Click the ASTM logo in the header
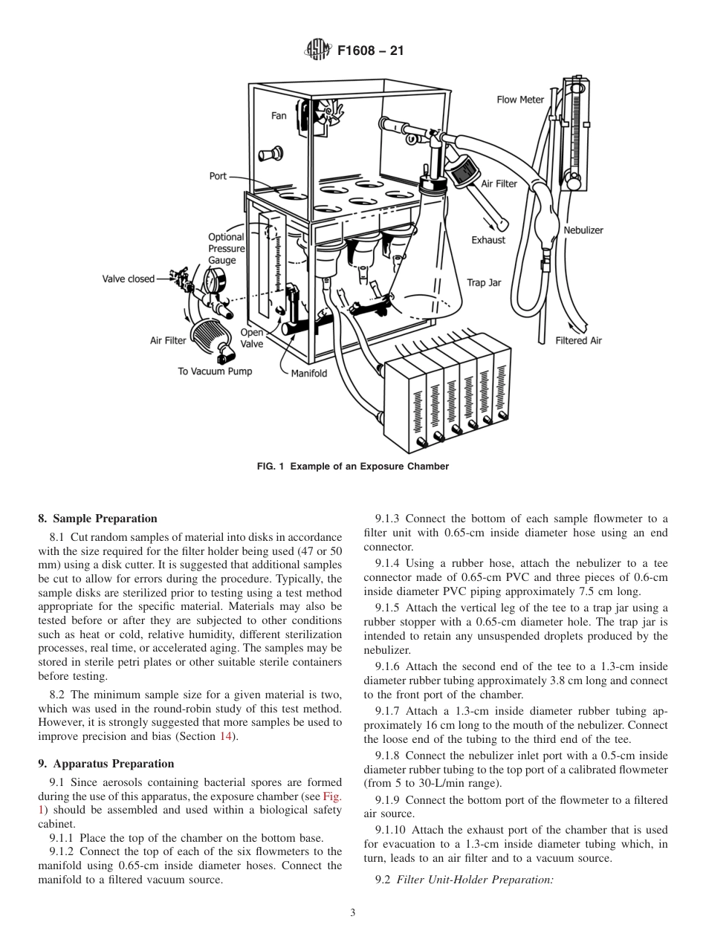coord(317,51)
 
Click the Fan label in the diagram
coord(279,116)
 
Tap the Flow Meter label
coord(520,100)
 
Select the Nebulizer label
coord(583,230)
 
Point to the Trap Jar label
coord(484,282)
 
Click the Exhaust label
coord(488,240)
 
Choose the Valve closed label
coord(129,279)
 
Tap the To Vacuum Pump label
coord(211,371)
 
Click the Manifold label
coord(309,373)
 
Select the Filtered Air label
coord(579,341)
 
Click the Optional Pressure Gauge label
coord(226,249)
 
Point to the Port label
coord(218,176)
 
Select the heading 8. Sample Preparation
coord(98,519)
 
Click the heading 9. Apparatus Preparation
coord(106,764)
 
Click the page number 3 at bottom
coord(353,913)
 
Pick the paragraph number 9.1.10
coord(391,829)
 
